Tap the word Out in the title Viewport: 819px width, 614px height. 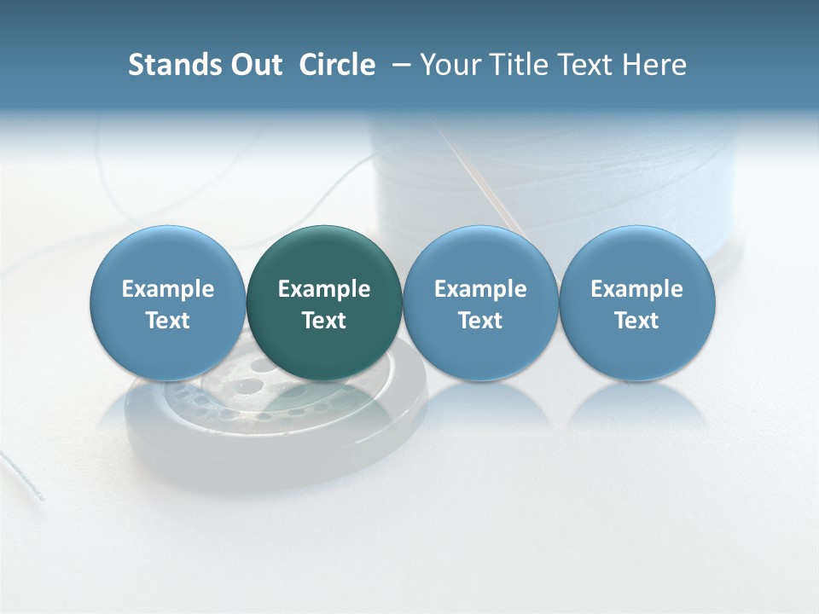(254, 65)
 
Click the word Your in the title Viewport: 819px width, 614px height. (449, 65)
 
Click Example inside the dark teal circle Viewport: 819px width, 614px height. (324, 289)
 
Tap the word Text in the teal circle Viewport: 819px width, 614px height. (324, 321)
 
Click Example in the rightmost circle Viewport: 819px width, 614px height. (637, 289)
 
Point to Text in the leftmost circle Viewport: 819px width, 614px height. (168, 321)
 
